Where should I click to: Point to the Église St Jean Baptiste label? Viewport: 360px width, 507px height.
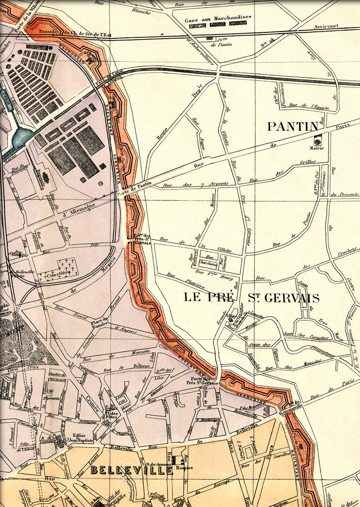click(79, 438)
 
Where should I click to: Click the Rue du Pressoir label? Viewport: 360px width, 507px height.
click(344, 195)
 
